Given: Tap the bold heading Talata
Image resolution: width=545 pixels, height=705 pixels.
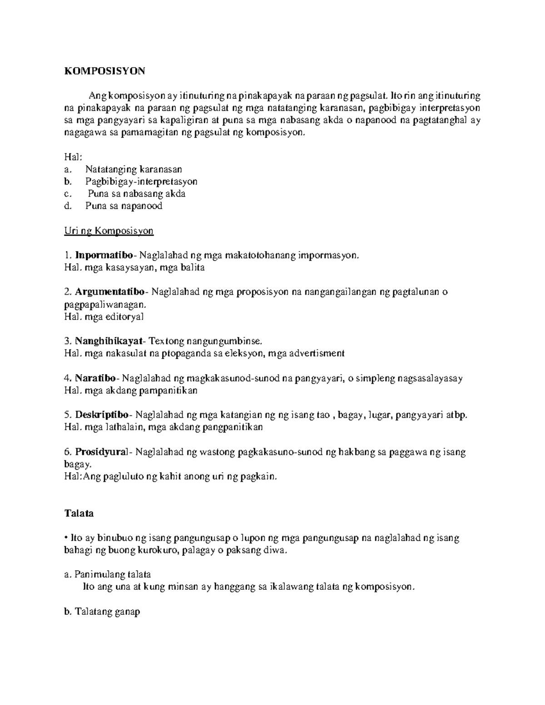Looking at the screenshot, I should pyautogui.click(x=79, y=513).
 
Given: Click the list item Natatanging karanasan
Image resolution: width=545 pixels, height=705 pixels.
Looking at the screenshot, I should pyautogui.click(x=134, y=169).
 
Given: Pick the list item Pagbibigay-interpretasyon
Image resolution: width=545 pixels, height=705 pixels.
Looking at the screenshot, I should pyautogui.click(x=141, y=182).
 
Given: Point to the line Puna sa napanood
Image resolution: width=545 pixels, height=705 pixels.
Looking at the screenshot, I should pyautogui.click(x=124, y=206).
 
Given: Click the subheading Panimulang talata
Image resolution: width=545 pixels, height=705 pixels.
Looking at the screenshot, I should pyautogui.click(x=113, y=574).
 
